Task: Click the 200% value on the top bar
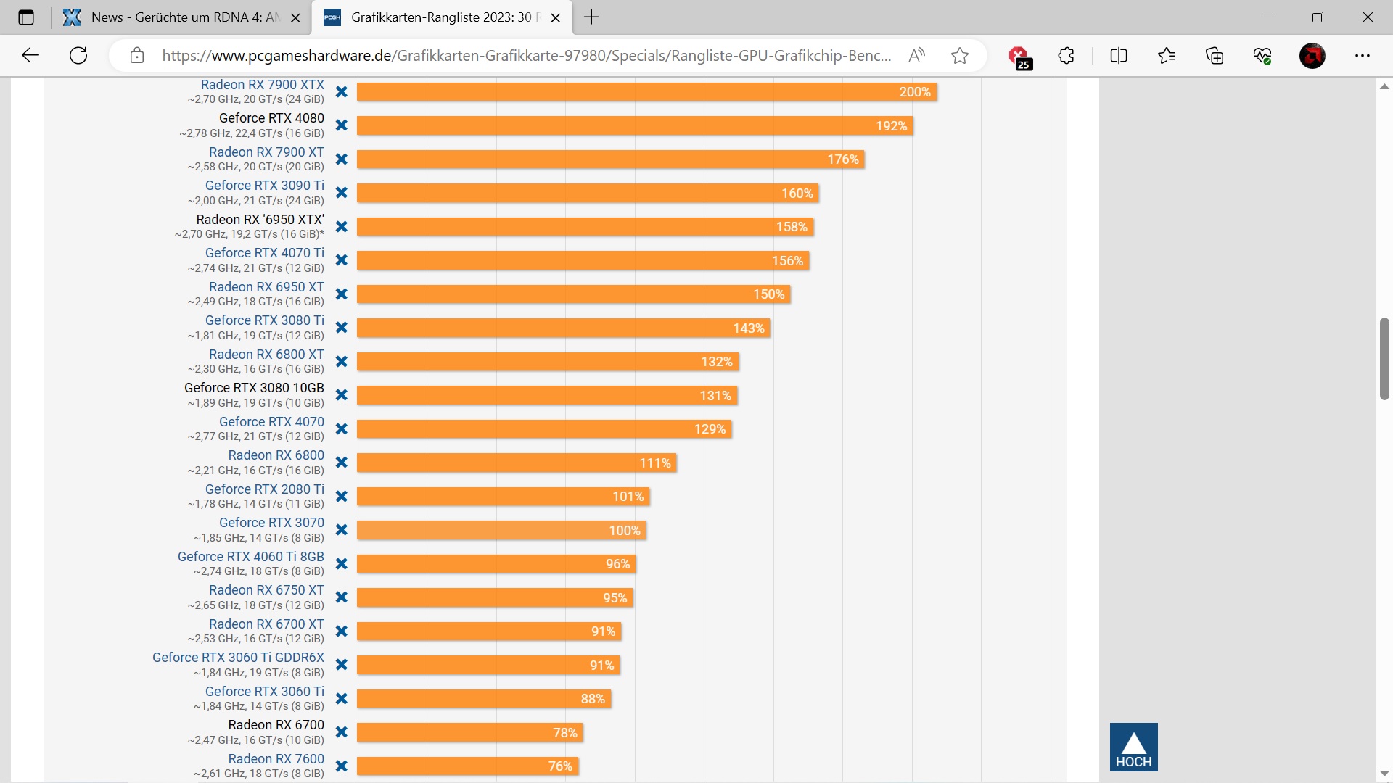coord(914,92)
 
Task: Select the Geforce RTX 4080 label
coord(271,118)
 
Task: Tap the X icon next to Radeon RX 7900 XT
coord(342,159)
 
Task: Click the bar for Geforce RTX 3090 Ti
coord(587,194)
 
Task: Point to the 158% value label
coord(791,227)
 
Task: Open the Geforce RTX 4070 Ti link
coord(264,253)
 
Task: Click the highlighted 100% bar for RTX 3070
coord(501,531)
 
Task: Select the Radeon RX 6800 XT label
coord(266,355)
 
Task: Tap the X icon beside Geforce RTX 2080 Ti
coord(342,497)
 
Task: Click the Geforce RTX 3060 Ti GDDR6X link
coord(238,658)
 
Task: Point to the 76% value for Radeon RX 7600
coord(560,766)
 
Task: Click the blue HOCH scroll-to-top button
coord(1133,747)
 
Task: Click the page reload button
coord(78,56)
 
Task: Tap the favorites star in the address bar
coord(960,56)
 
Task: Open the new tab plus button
coord(591,17)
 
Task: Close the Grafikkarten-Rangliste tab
coord(556,18)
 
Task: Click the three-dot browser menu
coord(1363,56)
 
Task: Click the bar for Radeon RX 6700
coord(469,733)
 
